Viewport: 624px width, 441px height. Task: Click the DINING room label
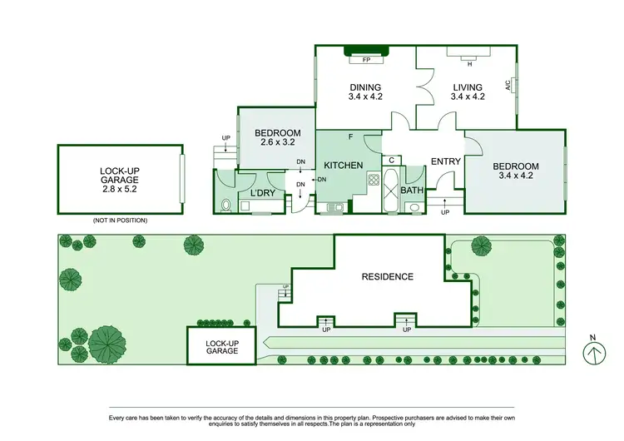point(365,87)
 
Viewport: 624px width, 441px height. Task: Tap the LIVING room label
point(468,87)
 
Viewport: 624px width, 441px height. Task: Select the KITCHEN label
point(343,166)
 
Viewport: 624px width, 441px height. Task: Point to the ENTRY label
point(445,161)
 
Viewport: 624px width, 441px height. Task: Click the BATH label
point(412,191)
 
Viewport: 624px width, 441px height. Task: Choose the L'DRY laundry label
point(263,194)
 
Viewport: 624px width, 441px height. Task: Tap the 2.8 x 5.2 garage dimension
point(121,189)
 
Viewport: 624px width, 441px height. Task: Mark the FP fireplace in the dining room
point(365,61)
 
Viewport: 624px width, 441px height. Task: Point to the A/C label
point(508,86)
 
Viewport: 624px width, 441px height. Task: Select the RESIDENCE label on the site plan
point(386,276)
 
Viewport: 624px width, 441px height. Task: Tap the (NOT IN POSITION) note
point(121,220)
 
